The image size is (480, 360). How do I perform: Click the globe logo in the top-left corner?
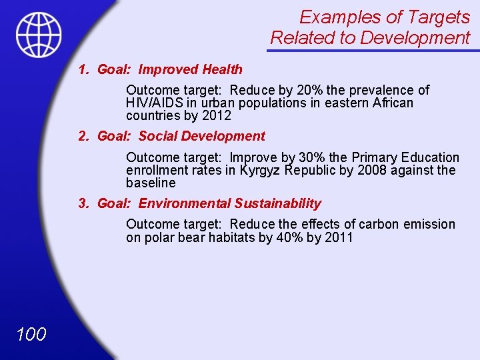pos(39,35)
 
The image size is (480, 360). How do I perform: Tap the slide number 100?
pos(30,334)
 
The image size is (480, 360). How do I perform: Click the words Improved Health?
pos(190,69)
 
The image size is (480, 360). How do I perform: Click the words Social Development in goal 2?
pos(201,137)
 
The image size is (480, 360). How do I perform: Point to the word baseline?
pos(151,183)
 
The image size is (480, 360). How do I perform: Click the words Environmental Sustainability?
pos(229,204)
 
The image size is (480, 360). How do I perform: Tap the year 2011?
pos(339,238)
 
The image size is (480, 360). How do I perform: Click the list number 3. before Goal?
pos(83,204)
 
